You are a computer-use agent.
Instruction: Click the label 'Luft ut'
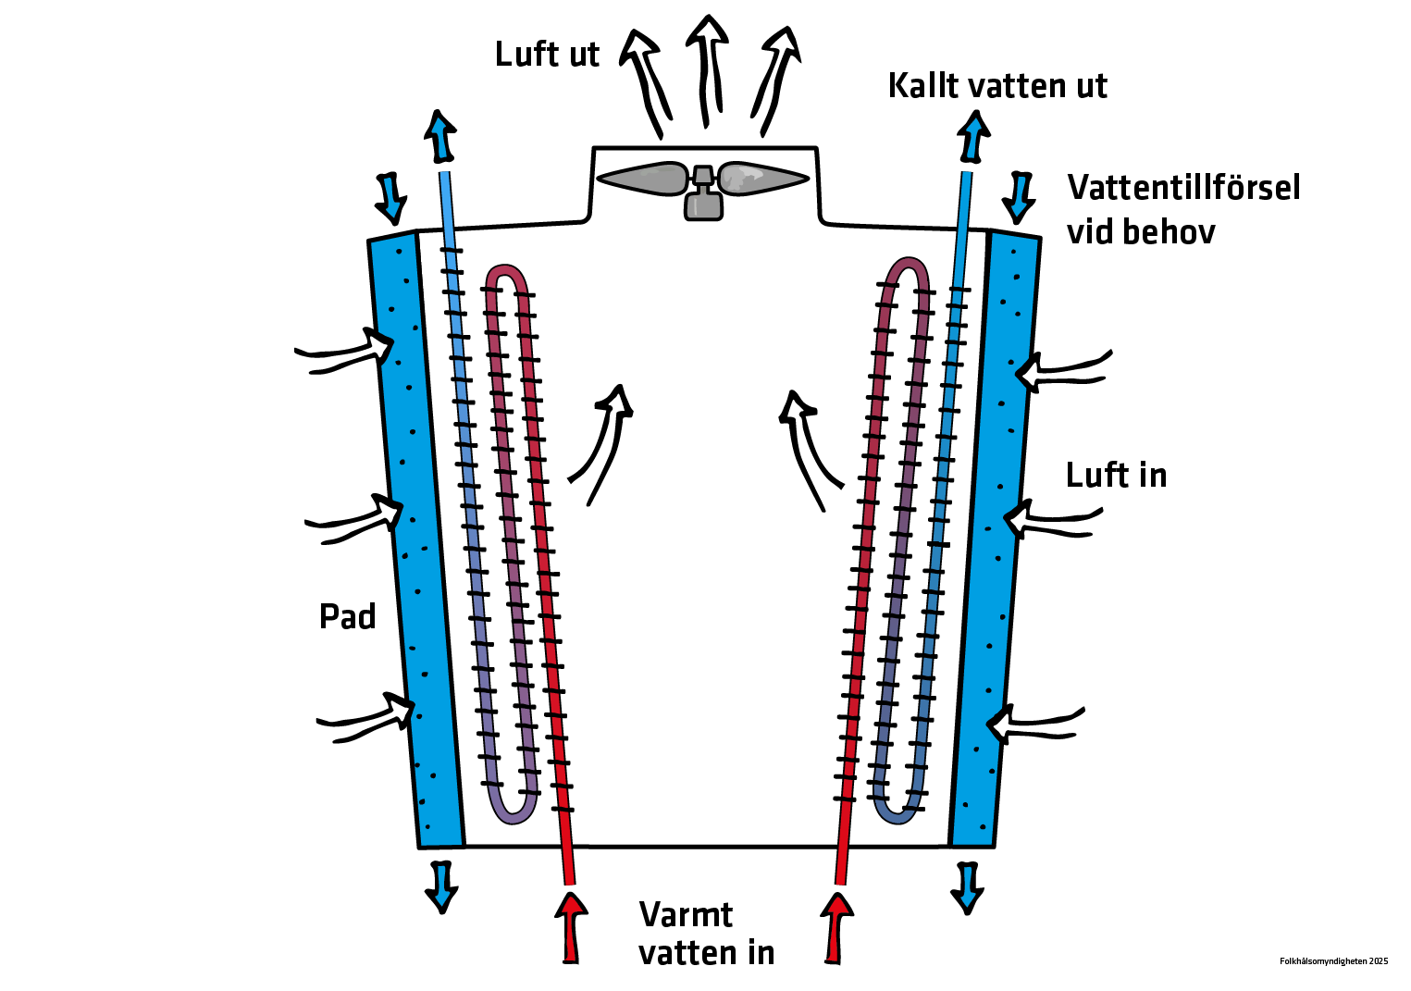[547, 55]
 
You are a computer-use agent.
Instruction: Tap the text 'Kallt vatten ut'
[996, 86]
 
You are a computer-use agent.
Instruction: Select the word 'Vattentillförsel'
[1183, 188]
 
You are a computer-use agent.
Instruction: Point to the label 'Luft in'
[1116, 476]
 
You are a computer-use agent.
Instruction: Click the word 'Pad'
[347, 617]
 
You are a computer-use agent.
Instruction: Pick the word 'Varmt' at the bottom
[686, 915]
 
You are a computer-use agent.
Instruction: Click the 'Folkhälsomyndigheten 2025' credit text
[1333, 961]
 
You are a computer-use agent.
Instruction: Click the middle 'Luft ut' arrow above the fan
[707, 69]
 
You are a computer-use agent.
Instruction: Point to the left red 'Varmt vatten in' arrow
[571, 925]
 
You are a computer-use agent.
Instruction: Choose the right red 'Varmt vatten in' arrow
[837, 925]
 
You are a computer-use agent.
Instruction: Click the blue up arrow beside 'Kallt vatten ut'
[972, 137]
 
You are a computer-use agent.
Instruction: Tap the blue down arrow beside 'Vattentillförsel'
[1020, 197]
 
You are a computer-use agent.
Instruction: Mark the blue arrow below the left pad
[441, 886]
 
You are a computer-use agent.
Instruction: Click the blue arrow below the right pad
[968, 887]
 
